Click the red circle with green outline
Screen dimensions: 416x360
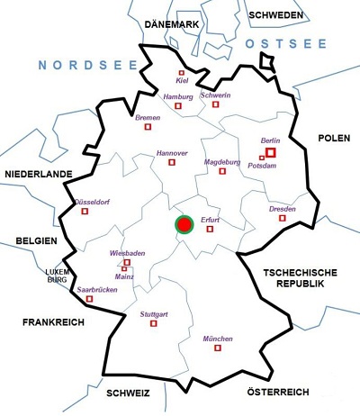184,224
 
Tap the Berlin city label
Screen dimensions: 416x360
270,142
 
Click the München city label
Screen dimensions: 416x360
218,339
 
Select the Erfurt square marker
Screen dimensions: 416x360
211,229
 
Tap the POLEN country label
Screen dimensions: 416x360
332,137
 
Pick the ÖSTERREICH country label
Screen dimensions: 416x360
277,393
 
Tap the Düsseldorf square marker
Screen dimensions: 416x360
85,213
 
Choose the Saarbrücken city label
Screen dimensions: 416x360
97,289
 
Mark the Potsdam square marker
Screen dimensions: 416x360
261,158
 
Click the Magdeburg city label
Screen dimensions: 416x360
223,162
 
